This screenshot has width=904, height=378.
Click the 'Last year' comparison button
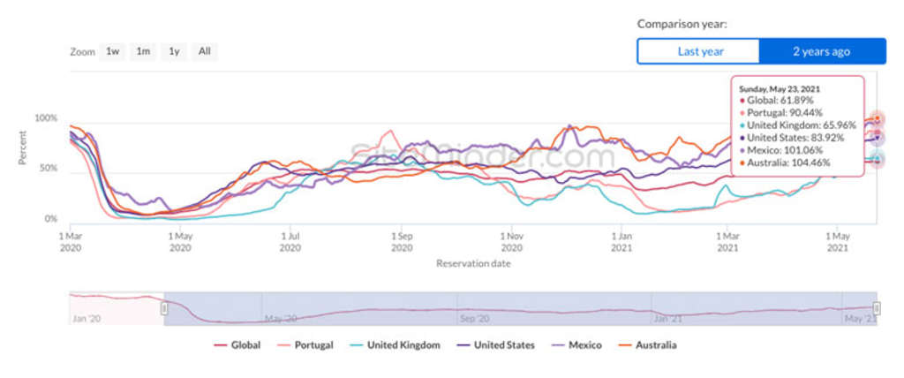tap(699, 51)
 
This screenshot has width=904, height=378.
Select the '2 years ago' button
tap(821, 51)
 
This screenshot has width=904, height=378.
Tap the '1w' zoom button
tap(113, 51)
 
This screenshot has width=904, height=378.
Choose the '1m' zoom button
tap(143, 51)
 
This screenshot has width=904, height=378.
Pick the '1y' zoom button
tap(174, 51)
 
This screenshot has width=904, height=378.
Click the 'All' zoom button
tap(204, 51)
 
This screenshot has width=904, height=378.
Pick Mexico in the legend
tap(577, 345)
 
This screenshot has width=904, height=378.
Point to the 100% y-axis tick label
tap(46, 118)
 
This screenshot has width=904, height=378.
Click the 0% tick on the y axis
tap(51, 218)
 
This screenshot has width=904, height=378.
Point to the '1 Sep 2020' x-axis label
tap(402, 242)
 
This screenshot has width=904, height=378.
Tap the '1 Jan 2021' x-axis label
tap(624, 242)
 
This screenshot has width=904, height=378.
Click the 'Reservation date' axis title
tap(473, 263)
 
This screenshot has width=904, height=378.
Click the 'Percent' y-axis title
tap(23, 148)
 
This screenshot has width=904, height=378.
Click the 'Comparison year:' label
tap(682, 24)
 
